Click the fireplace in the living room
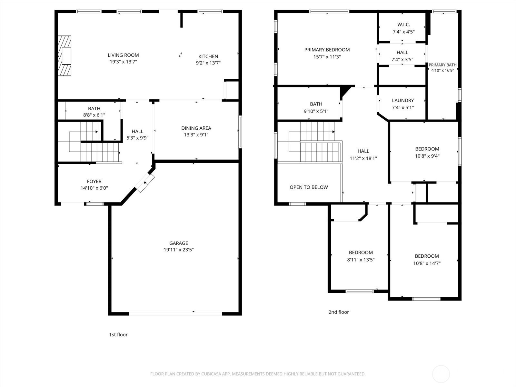(64, 56)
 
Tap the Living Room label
(123, 55)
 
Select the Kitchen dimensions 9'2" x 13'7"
(208, 63)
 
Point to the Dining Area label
(196, 128)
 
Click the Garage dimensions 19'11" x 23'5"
(179, 250)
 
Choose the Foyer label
(94, 181)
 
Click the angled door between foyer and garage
(144, 183)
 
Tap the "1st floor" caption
(118, 335)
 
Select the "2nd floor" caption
(339, 312)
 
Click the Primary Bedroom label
(327, 50)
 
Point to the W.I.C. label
(404, 25)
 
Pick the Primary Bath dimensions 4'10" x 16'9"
(442, 70)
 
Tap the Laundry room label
(403, 100)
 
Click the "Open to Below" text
(309, 187)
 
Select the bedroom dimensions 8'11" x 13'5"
(361, 260)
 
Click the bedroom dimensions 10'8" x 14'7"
(427, 263)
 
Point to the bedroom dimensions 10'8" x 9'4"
(427, 156)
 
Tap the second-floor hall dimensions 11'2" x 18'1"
(363, 158)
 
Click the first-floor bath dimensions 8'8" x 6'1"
(94, 115)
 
